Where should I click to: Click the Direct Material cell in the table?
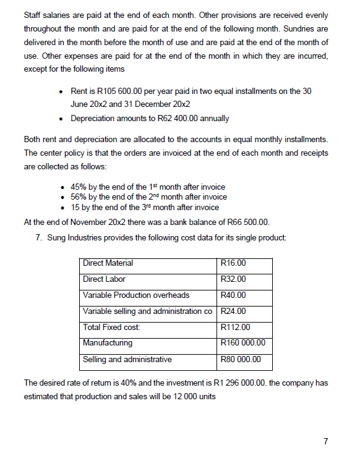[108, 263]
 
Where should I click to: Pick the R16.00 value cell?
[233, 263]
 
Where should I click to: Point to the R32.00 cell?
[233, 279]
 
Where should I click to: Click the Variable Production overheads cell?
[136, 295]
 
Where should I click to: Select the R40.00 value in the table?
[233, 295]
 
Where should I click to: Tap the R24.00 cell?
[233, 311]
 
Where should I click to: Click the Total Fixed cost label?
[111, 328]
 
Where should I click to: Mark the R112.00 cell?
[235, 328]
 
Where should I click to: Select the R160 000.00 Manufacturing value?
[243, 343]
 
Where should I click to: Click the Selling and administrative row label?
[127, 359]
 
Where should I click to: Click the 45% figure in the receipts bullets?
[79, 187]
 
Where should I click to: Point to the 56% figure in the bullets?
[79, 197]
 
